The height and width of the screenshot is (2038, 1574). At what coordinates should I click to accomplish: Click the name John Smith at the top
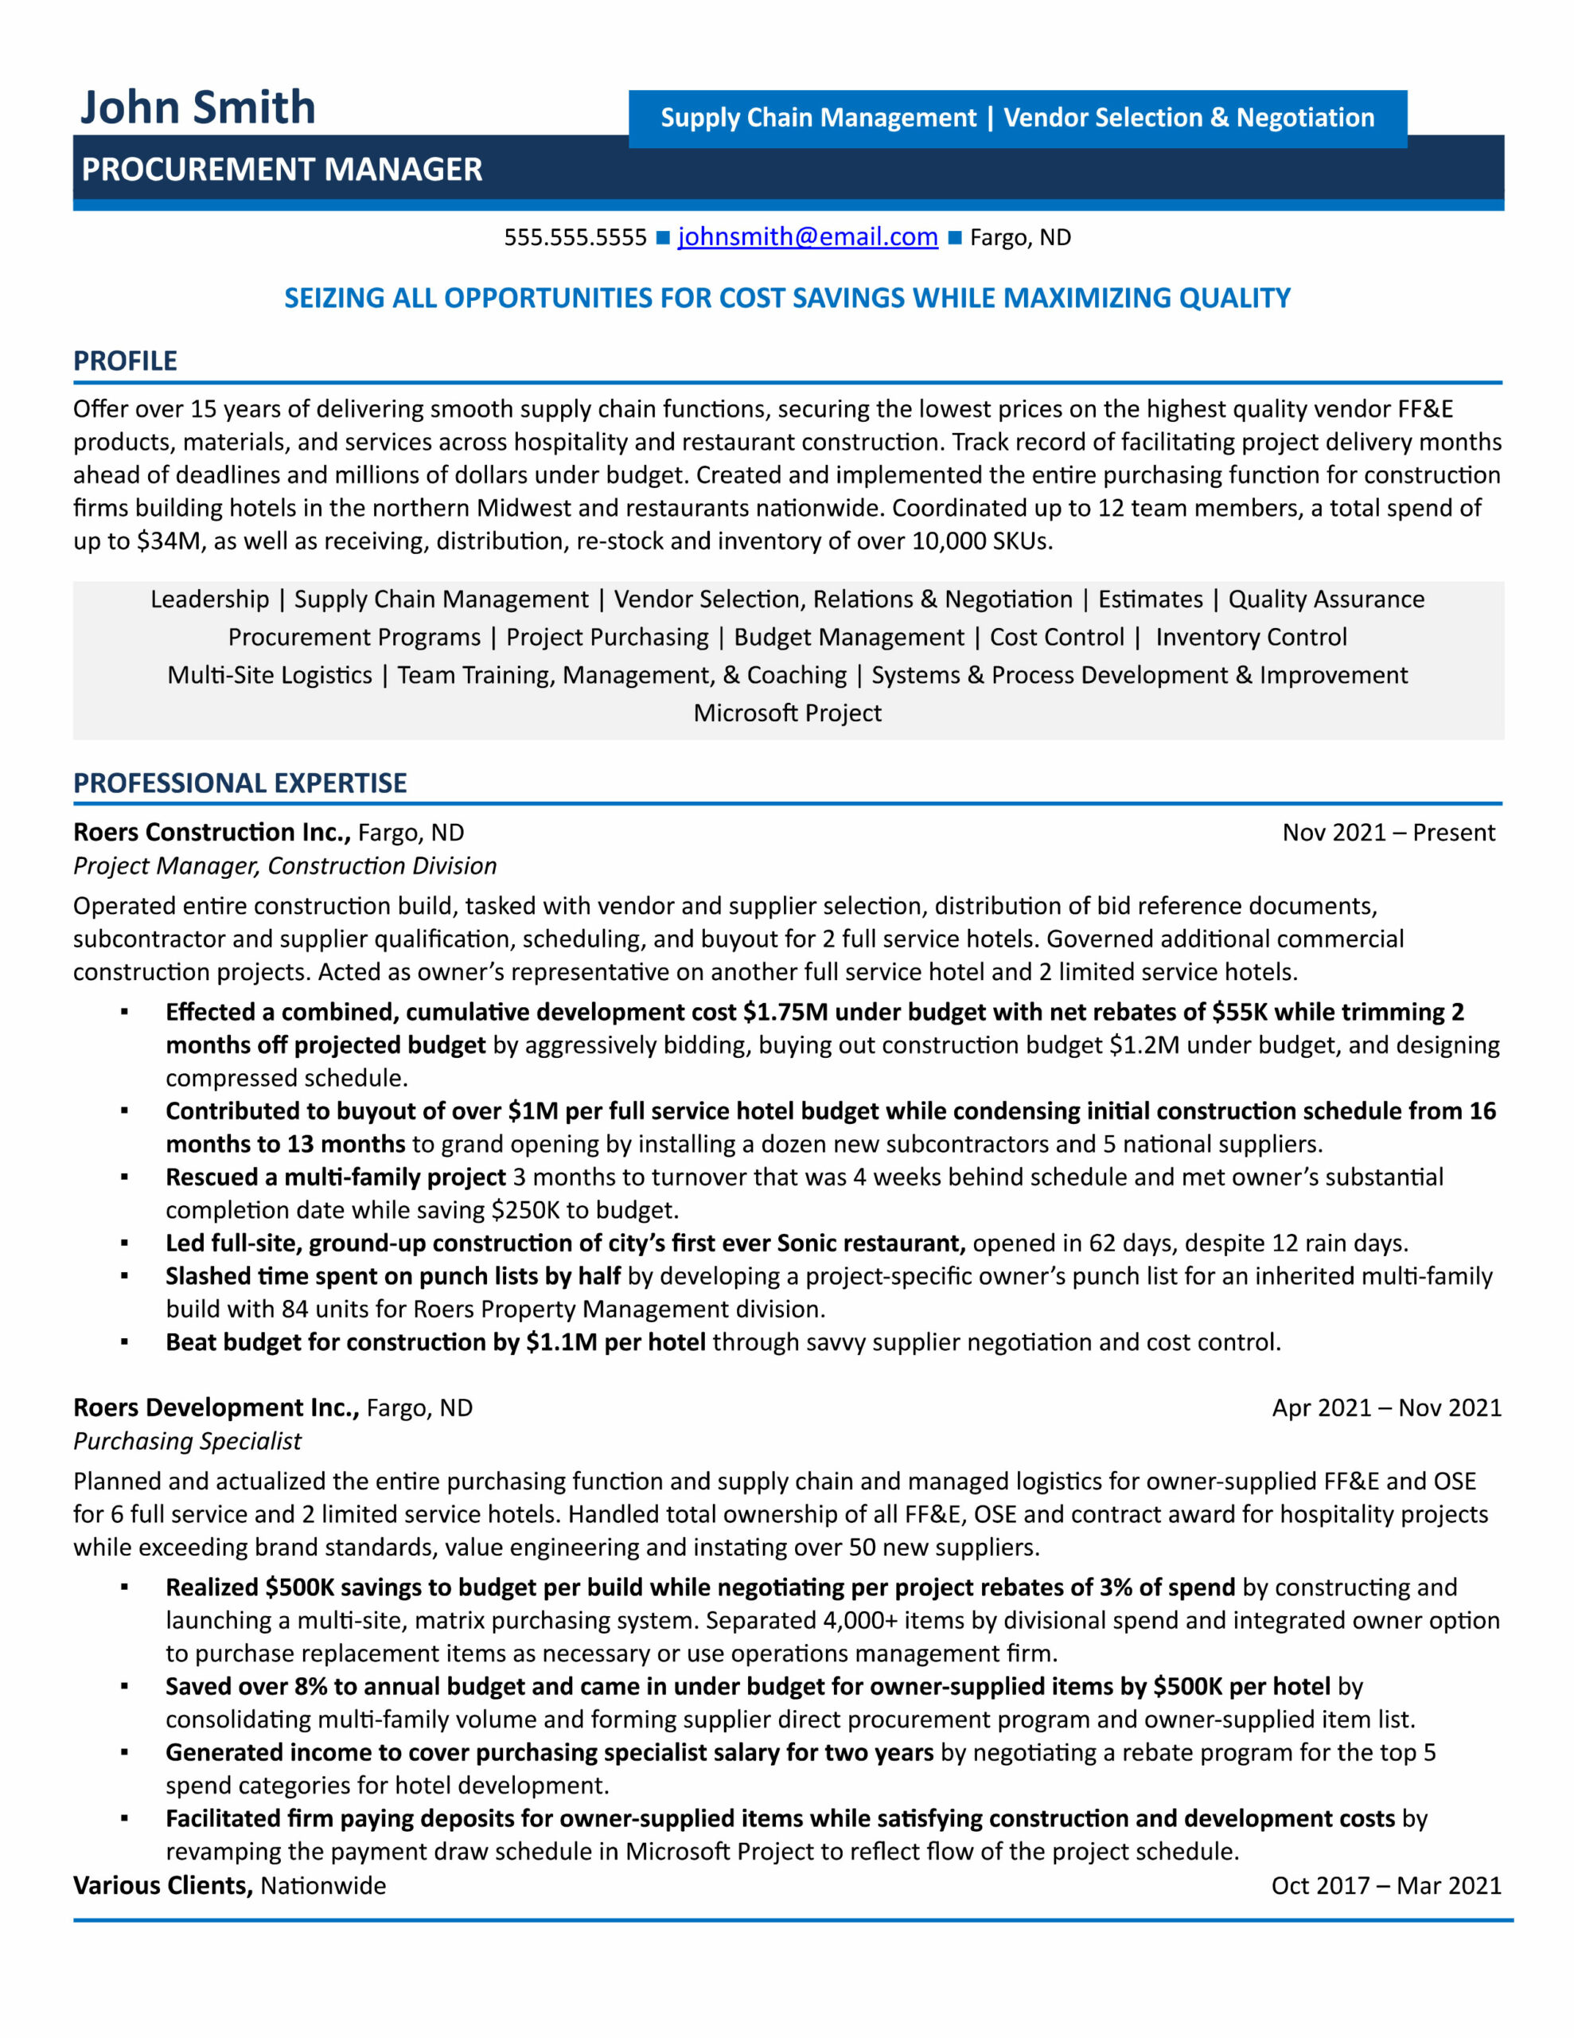tap(198, 107)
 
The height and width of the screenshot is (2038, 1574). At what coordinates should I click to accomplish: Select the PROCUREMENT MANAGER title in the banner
tap(282, 170)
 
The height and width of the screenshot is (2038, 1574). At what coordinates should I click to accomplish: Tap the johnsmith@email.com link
tap(807, 237)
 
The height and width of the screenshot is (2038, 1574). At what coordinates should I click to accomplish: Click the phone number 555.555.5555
tap(575, 238)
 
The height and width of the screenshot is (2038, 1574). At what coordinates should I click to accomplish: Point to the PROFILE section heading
tap(125, 361)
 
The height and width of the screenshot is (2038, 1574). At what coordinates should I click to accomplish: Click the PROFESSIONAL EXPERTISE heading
tap(240, 783)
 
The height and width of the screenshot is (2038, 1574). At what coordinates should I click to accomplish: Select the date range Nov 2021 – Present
tap(1388, 833)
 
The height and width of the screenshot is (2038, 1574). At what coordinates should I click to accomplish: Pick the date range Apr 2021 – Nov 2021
tap(1385, 1407)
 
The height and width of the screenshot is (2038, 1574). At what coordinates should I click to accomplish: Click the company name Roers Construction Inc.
tap(212, 833)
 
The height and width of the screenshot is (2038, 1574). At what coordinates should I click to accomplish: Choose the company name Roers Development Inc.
tap(216, 1407)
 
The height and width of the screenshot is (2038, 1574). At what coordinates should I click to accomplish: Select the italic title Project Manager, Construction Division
tap(285, 866)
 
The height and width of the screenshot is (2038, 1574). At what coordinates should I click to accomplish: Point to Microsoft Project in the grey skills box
tap(786, 713)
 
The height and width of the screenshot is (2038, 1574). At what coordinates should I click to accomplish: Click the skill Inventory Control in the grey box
tap(1250, 638)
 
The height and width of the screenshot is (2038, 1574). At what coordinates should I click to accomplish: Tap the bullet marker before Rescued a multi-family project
tap(124, 1177)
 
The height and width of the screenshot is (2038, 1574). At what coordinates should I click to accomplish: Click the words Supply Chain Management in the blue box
tap(817, 119)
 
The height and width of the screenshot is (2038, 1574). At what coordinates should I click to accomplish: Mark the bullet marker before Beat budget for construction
tap(124, 1342)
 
